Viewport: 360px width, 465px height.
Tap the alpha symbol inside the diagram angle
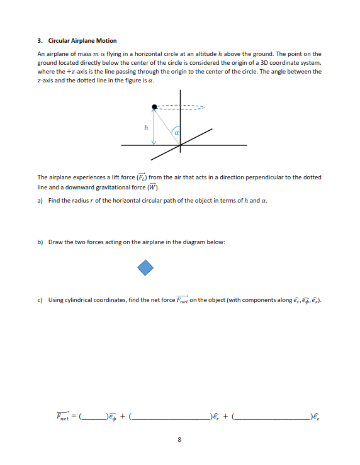pos(177,133)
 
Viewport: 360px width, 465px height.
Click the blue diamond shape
pos(145,268)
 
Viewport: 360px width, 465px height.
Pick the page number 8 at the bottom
pos(179,439)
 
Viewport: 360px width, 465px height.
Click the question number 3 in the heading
pos(39,41)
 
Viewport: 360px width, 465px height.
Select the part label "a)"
pos(40,200)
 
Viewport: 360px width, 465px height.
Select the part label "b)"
pos(40,242)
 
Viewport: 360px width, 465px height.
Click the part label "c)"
pos(40,300)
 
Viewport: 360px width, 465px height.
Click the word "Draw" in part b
pos(55,242)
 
